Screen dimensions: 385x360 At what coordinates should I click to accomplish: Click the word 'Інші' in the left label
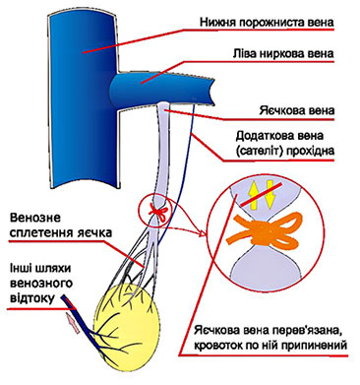coord(23,267)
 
